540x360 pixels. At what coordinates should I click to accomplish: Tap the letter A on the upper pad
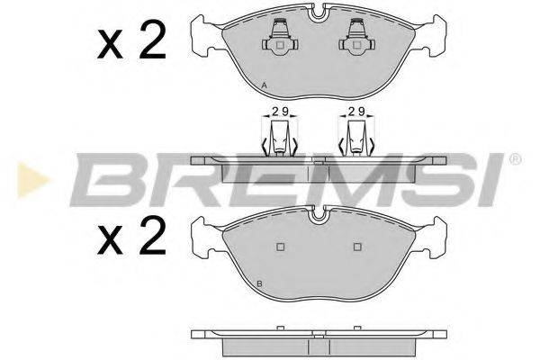[263, 85]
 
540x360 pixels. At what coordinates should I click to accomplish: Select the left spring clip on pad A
[279, 38]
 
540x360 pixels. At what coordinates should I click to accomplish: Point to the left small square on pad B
[279, 247]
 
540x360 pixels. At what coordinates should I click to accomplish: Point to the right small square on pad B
[357, 247]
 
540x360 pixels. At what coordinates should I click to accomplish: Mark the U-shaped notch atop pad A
[318, 13]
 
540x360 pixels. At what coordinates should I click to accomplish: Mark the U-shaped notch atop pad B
[318, 214]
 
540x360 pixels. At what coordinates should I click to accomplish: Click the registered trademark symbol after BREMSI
[515, 159]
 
